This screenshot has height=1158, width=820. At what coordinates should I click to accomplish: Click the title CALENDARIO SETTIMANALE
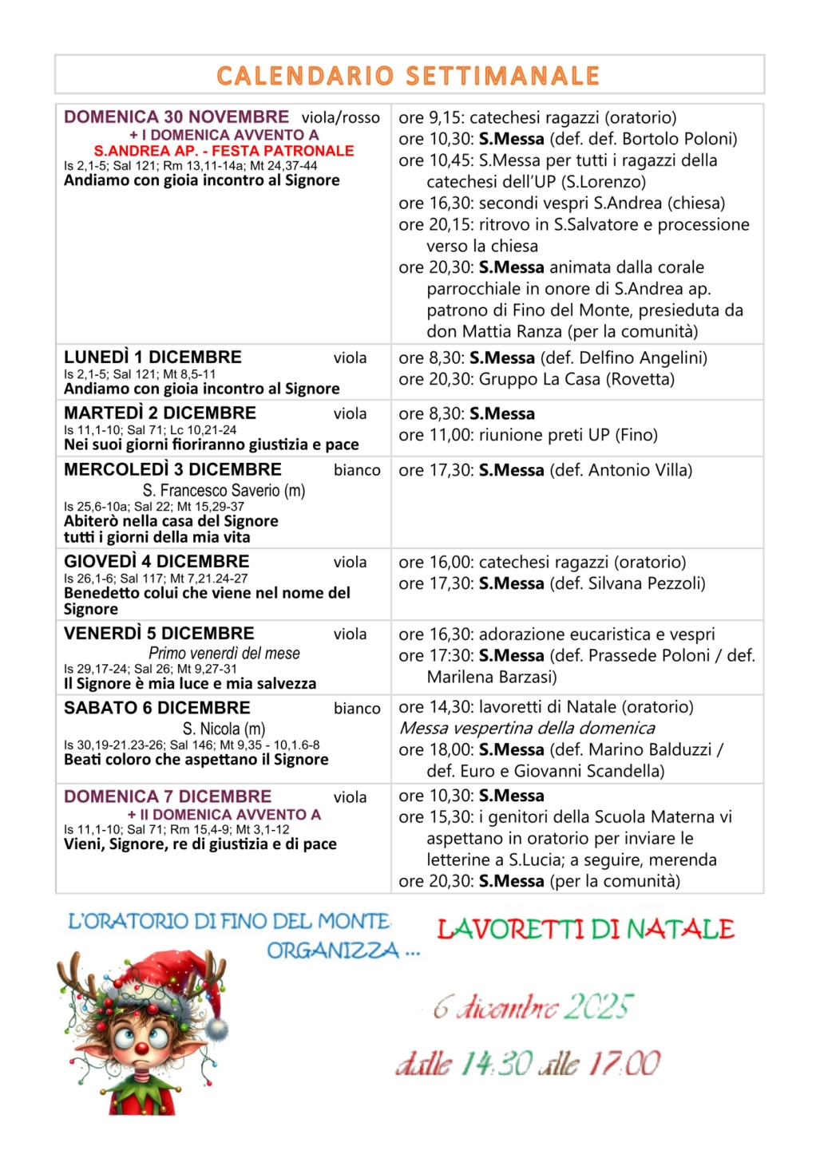click(x=408, y=76)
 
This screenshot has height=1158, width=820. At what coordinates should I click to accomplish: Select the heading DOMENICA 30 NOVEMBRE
click(x=176, y=117)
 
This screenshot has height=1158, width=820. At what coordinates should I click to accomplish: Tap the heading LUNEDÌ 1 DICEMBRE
click(x=153, y=358)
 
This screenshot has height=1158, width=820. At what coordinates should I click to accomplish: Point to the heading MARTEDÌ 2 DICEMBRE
click(x=160, y=413)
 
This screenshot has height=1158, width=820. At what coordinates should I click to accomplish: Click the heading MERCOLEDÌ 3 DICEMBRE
click(x=172, y=470)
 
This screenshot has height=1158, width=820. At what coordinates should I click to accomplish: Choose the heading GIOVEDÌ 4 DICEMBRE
click(x=156, y=562)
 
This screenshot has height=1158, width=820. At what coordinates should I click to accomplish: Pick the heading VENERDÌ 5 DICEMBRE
click(x=159, y=634)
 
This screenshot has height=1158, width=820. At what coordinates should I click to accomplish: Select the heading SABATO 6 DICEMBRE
click(x=156, y=709)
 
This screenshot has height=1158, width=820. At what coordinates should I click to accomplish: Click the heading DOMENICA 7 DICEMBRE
click(x=168, y=796)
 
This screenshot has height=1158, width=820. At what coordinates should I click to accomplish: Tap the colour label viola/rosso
click(x=341, y=118)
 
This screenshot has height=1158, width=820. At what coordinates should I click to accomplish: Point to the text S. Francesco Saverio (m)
click(x=224, y=491)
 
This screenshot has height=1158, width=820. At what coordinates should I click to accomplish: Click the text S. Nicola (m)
click(x=224, y=729)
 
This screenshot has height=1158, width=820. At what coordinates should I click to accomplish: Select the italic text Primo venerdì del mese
click(x=224, y=654)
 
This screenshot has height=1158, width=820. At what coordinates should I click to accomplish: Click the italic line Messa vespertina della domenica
click(x=527, y=729)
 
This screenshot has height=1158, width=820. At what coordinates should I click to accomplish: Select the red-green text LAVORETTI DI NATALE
click(x=585, y=930)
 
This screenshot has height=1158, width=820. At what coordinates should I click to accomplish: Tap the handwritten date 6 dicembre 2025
click(x=533, y=1008)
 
